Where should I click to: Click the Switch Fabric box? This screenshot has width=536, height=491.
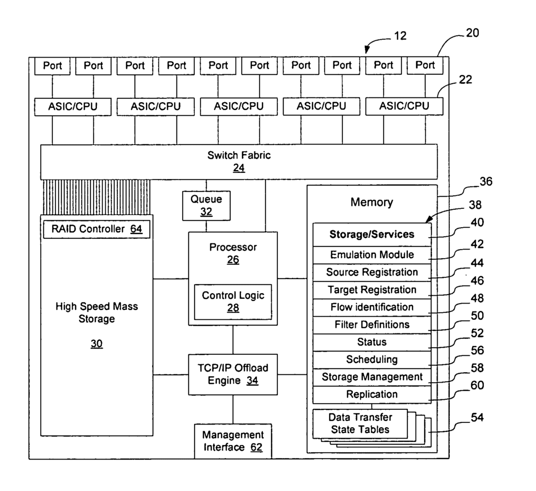click(x=239, y=162)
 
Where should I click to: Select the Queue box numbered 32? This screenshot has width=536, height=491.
click(x=206, y=205)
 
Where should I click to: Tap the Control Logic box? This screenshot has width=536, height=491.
click(x=233, y=302)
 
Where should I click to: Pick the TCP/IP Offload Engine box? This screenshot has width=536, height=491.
click(x=233, y=374)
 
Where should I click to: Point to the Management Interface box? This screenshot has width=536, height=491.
click(x=233, y=441)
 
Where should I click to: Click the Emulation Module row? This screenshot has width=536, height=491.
click(x=372, y=255)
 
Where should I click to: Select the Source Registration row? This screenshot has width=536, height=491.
click(x=372, y=272)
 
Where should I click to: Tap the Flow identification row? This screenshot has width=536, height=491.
click(x=372, y=307)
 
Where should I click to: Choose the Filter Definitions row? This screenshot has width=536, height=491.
click(x=372, y=325)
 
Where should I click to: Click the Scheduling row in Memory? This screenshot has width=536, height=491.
click(x=372, y=360)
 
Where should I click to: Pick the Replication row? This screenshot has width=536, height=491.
click(x=372, y=394)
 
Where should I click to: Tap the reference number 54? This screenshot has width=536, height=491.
click(x=477, y=417)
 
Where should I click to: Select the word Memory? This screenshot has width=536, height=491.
click(x=372, y=202)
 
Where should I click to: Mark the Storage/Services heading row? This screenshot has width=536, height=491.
click(x=372, y=235)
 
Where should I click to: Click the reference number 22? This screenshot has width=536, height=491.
click(x=465, y=80)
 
